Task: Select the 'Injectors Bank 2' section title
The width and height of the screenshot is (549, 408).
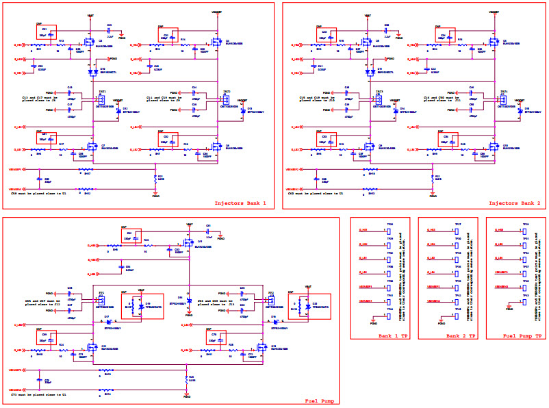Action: [514, 203]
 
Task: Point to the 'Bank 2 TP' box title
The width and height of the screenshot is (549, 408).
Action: [446, 336]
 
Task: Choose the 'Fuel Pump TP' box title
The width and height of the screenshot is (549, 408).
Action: [518, 336]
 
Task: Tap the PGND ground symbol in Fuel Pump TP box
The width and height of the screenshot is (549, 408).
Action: [509, 309]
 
